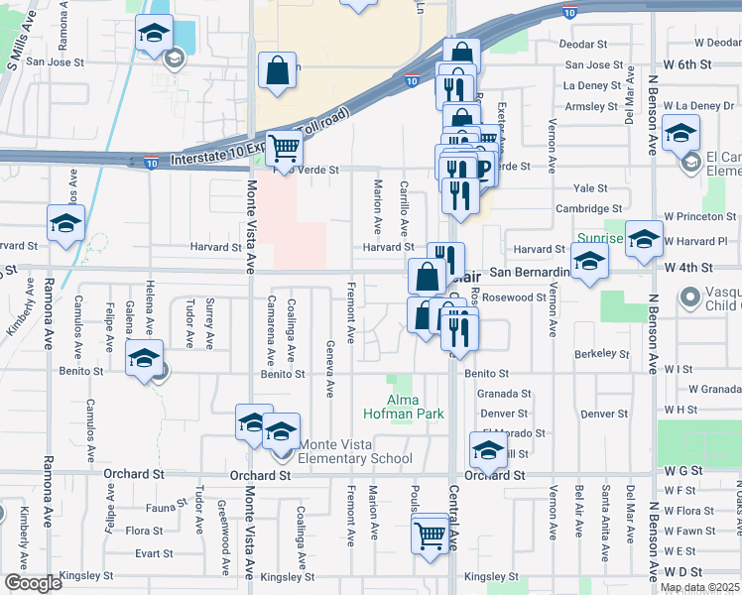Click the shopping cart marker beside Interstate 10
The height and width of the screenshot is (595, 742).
click(283, 149)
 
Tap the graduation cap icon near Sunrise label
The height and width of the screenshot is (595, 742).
click(589, 262)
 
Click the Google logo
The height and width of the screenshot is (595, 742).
click(33, 583)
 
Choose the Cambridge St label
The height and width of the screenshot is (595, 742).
click(588, 209)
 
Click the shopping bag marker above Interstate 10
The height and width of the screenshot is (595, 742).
click(277, 71)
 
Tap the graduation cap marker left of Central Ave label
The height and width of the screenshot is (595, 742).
click(488, 450)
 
